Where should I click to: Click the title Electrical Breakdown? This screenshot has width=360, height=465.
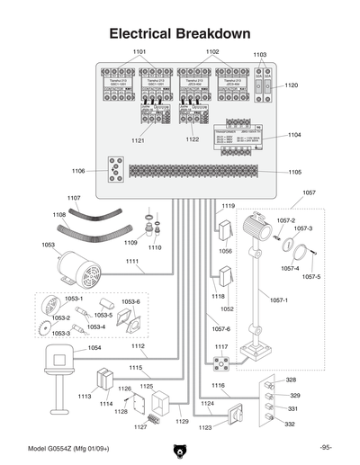point(179,33)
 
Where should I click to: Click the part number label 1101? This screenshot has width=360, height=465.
point(139,52)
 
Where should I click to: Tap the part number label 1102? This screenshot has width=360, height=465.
point(212,52)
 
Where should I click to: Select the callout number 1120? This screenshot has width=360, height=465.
point(291,85)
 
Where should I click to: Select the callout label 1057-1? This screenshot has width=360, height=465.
point(281,300)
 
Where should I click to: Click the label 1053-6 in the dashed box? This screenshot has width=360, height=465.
point(130,302)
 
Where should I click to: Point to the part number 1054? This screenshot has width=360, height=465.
point(94,348)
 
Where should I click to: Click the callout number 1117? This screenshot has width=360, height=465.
point(220,346)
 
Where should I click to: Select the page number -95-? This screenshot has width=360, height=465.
point(325,448)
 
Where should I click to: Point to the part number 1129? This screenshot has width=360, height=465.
point(182,421)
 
